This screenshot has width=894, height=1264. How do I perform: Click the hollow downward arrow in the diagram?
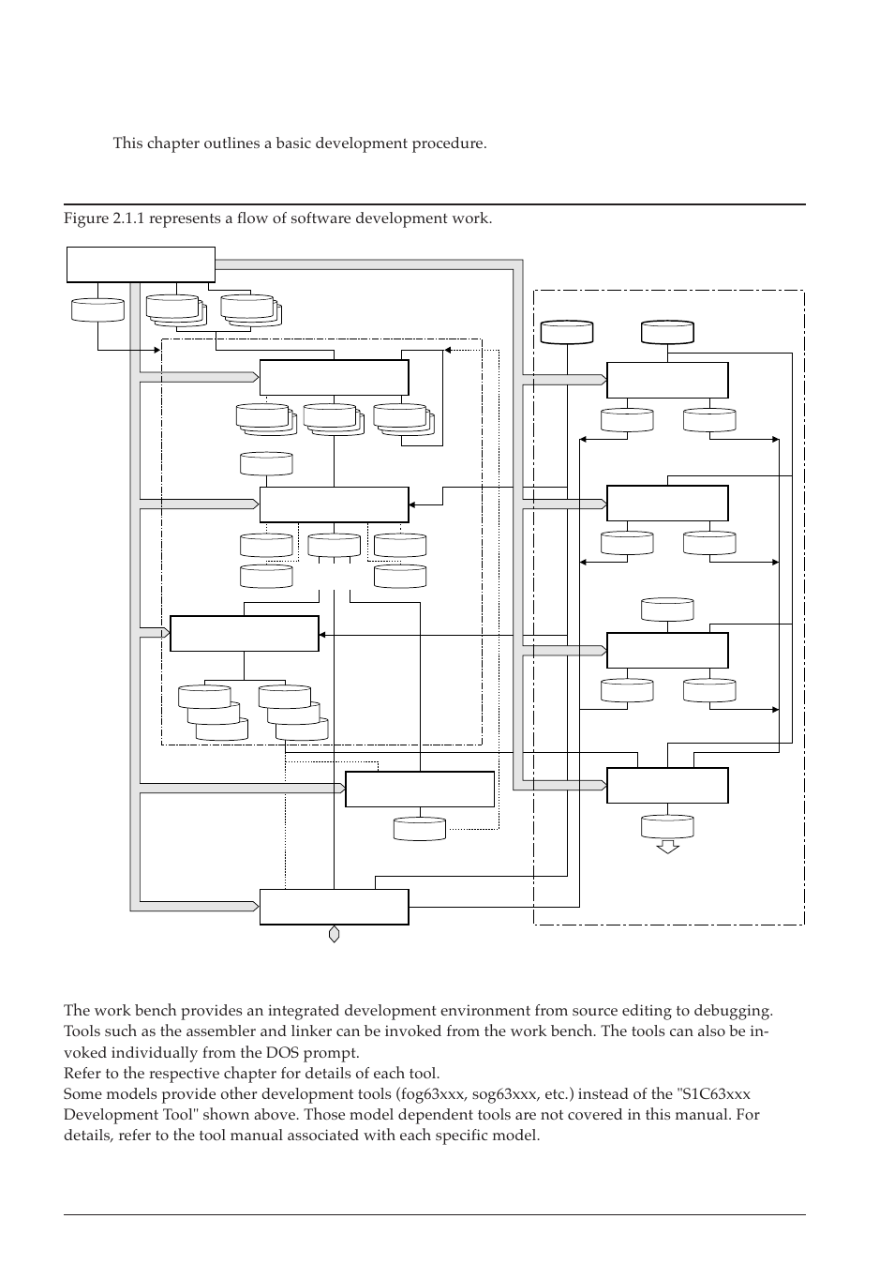[667, 847]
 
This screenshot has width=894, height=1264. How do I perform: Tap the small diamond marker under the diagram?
[334, 934]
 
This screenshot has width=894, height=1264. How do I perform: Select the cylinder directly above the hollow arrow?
[667, 825]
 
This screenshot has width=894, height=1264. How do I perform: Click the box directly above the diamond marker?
[334, 907]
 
